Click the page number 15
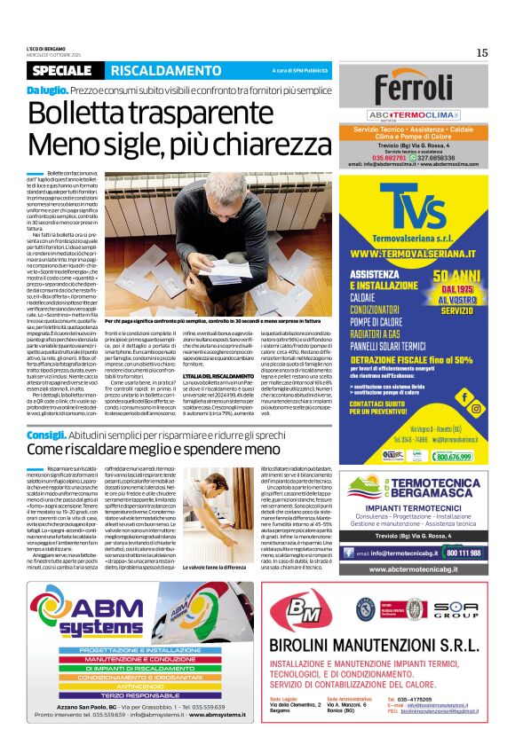pyautogui.click(x=481, y=52)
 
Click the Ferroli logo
pyautogui.click(x=415, y=89)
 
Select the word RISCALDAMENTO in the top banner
pyautogui.click(x=154, y=70)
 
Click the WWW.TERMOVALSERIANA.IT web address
pyautogui.click(x=415, y=255)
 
